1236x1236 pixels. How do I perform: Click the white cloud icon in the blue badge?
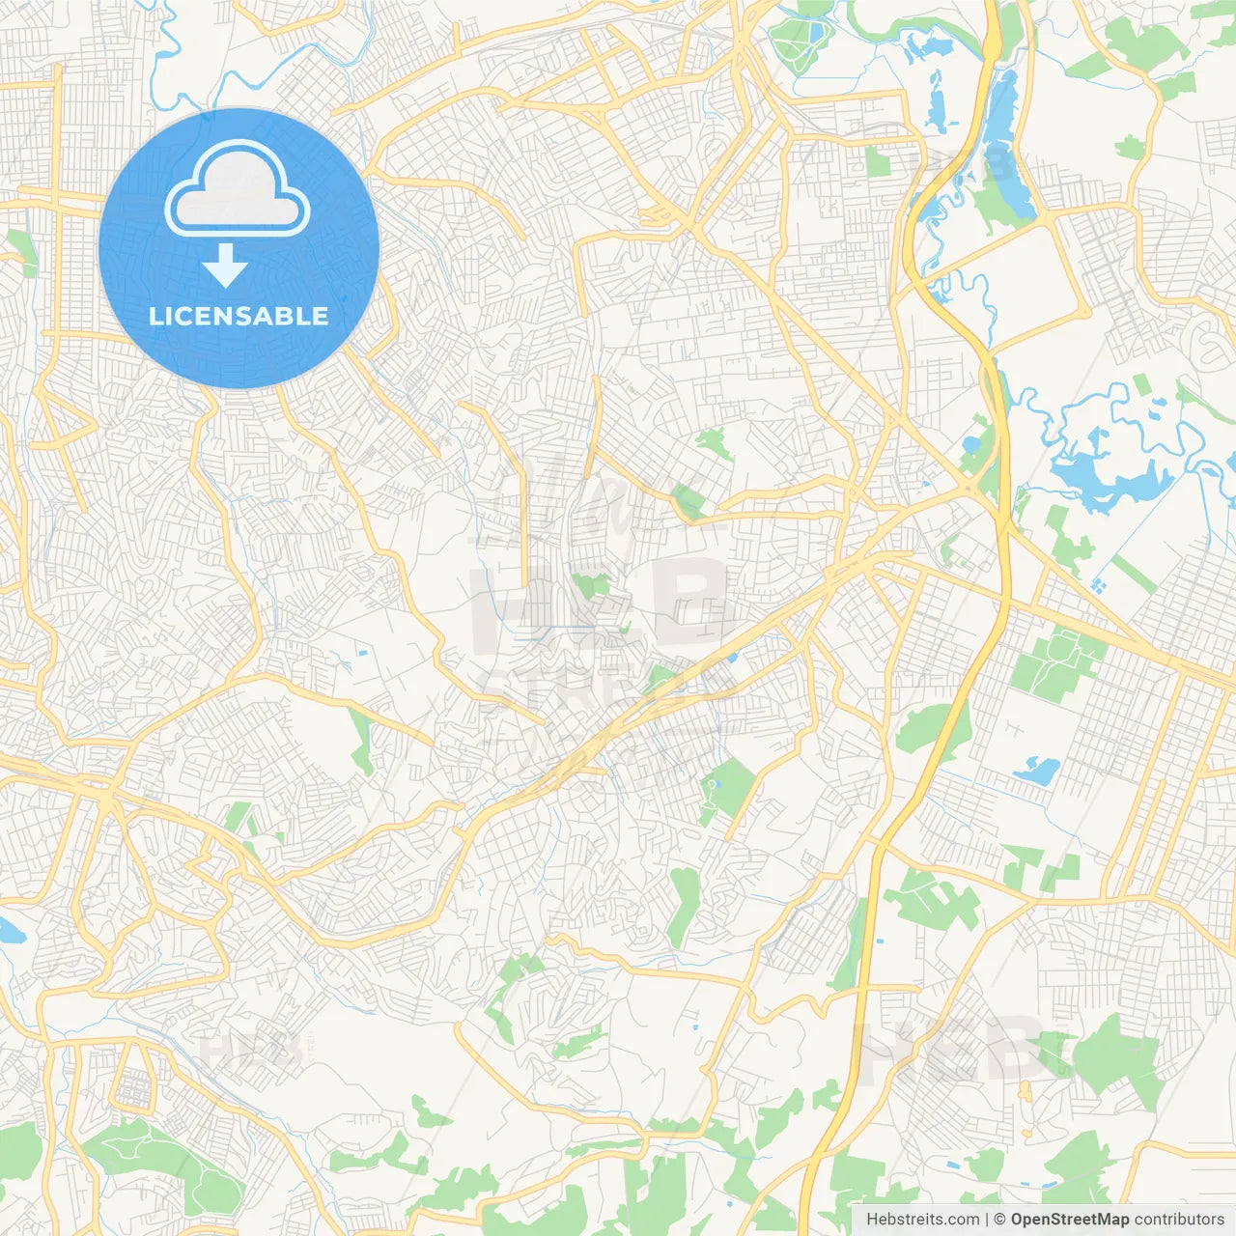click(x=238, y=189)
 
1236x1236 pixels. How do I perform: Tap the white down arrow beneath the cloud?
click(x=226, y=266)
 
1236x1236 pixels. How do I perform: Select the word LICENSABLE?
click(x=239, y=316)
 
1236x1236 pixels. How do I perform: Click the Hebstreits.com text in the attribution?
click(x=922, y=1220)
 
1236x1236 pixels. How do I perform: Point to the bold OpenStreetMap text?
click(x=1070, y=1220)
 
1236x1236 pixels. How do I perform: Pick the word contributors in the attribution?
click(x=1179, y=1220)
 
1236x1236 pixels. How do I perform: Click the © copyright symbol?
click(x=1000, y=1220)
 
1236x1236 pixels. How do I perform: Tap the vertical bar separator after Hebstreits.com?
click(x=987, y=1220)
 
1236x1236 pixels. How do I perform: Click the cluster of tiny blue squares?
click(x=1099, y=584)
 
